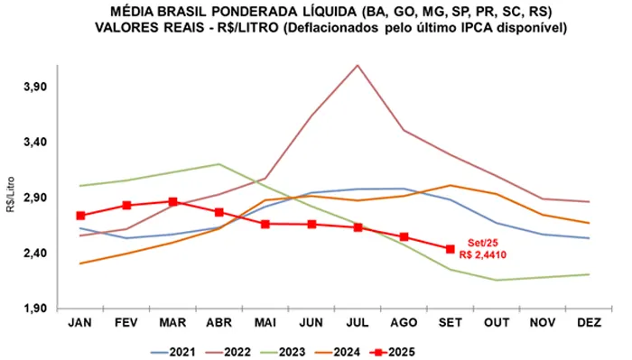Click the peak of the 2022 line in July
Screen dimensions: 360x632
click(x=358, y=65)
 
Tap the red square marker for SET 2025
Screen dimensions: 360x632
click(x=451, y=249)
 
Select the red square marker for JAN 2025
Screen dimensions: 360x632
click(x=80, y=216)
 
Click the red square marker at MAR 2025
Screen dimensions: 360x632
click(x=172, y=202)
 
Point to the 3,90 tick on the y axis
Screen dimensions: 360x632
click(x=33, y=87)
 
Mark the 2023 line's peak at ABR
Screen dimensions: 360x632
click(x=219, y=164)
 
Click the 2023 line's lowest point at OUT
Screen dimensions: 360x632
click(x=497, y=280)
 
